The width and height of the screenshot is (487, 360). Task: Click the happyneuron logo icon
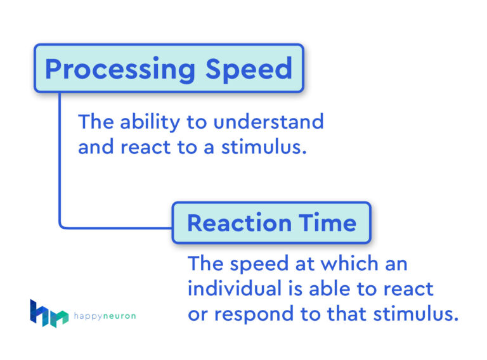tap(48, 313)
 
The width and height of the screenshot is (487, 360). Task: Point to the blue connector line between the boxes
tap(60, 165)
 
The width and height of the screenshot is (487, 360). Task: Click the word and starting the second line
tap(94, 148)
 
